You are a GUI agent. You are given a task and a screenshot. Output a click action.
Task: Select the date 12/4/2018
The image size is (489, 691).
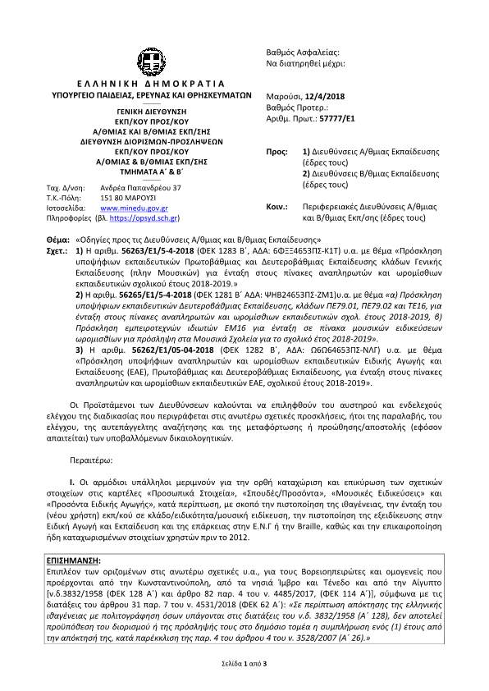tap(324, 97)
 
